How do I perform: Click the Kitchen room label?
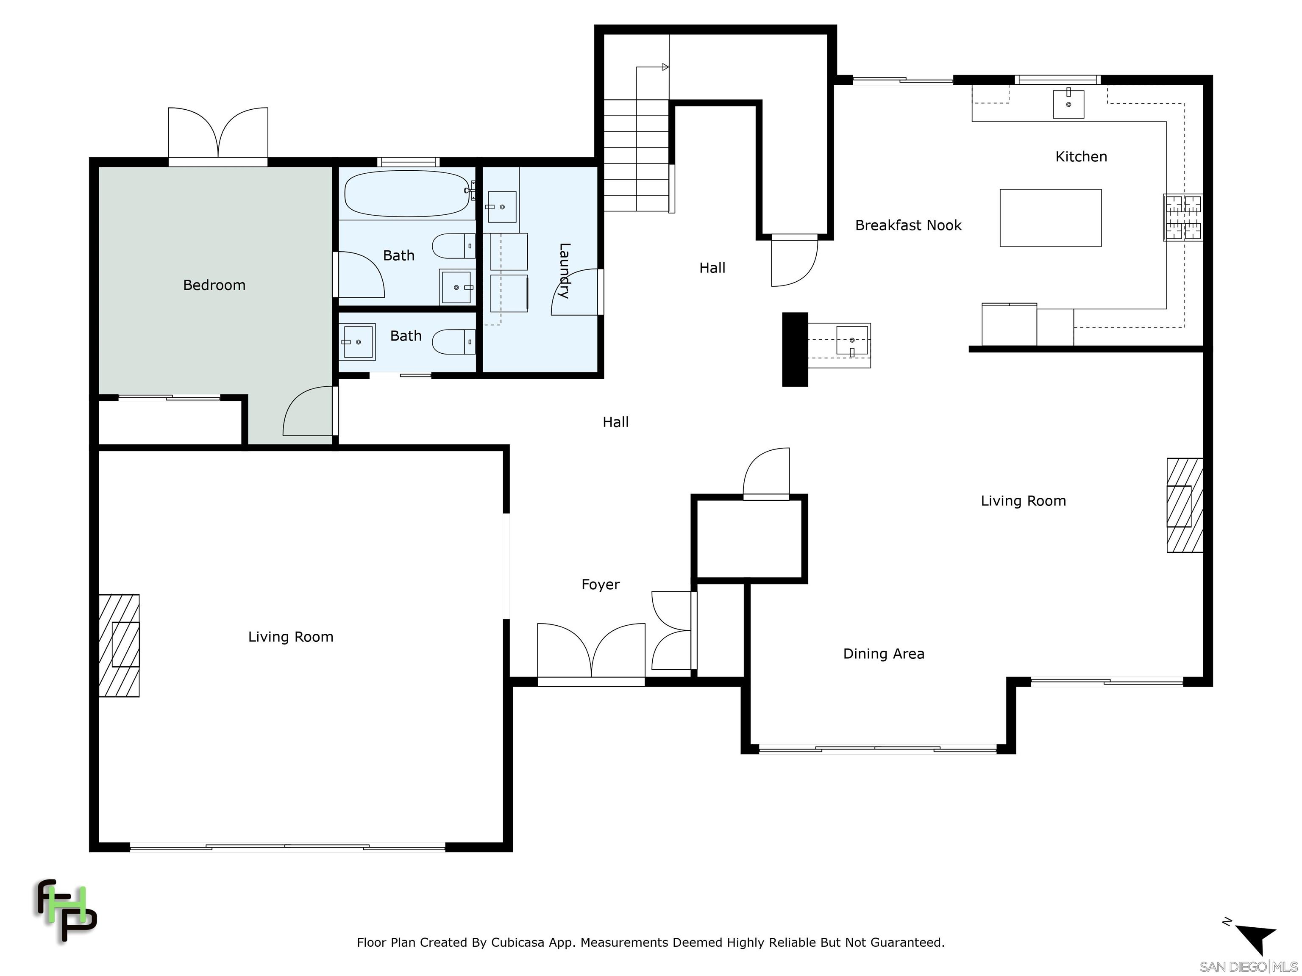1081,156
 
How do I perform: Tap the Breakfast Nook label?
908,225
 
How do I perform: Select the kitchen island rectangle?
1050,218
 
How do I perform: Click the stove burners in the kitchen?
1183,218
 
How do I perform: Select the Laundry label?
564,271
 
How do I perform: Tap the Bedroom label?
214,286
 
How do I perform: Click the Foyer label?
601,584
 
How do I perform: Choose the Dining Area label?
884,654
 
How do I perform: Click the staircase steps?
637,155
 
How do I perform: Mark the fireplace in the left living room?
119,646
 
